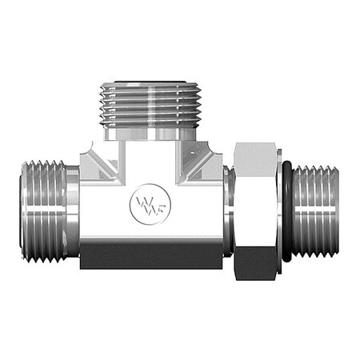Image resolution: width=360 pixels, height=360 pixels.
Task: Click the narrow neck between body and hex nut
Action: coord(228,212)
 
